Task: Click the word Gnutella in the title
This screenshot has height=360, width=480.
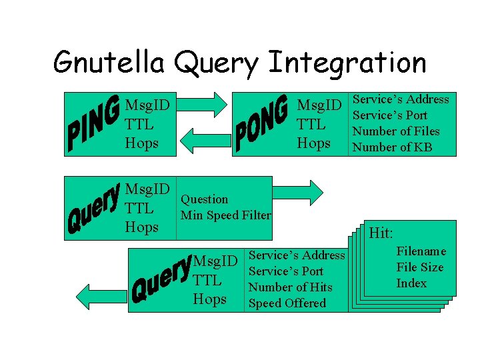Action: coord(110,63)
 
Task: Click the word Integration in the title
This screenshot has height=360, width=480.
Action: coord(347,63)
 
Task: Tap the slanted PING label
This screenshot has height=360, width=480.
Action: coord(94,124)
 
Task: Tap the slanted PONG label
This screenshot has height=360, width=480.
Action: coord(262,123)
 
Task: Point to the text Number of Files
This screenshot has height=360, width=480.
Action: coord(396,131)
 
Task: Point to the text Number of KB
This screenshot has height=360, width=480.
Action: coord(392,147)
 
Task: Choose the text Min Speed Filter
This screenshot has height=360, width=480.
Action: coord(226,215)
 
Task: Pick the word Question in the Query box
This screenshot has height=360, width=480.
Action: coord(204,199)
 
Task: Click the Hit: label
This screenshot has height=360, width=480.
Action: coord(381,233)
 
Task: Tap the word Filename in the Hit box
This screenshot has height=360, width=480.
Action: coord(421,251)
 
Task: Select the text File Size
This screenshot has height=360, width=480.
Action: coord(420,267)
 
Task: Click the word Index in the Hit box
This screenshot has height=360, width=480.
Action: coord(411,283)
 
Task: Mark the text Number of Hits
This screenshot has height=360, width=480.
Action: coord(290,287)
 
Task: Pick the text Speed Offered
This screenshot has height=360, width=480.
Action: coord(287,303)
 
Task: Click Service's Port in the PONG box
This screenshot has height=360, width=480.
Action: coord(390,115)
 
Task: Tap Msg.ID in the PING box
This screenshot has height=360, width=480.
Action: coord(147,105)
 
